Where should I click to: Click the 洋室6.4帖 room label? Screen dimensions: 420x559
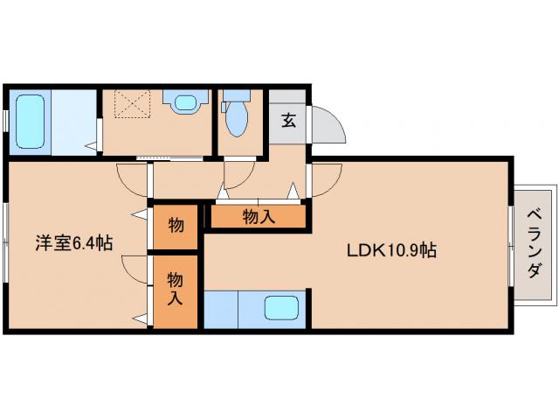point(74,244)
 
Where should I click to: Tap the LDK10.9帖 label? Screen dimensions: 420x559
point(390,250)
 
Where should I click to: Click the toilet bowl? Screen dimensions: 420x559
point(235,120)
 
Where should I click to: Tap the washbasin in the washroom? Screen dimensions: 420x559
point(184,103)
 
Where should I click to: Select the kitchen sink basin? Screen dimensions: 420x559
point(281,309)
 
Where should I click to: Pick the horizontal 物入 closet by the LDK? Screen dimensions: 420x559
point(258,217)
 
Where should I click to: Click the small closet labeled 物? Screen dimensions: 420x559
point(176,226)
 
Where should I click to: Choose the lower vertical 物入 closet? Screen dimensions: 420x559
point(176,290)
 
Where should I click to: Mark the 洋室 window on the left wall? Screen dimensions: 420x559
point(7,245)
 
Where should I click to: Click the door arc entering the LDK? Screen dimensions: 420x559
point(323,179)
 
